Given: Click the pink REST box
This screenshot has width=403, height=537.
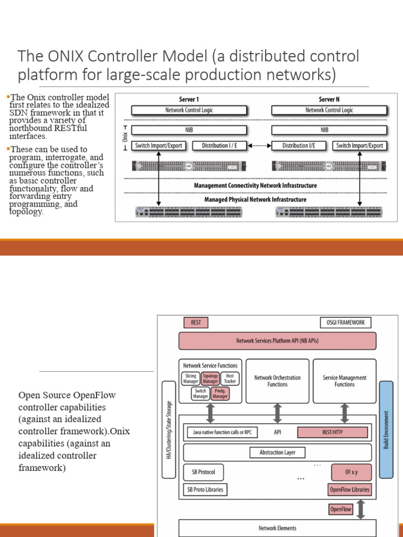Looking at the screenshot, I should click(196, 323).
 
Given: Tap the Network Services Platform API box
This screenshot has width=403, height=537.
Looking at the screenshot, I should click(277, 341).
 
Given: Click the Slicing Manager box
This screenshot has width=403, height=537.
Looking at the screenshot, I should click(190, 379).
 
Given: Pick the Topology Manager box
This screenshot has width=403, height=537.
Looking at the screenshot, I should click(210, 379).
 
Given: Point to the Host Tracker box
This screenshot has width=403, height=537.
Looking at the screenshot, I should click(230, 379).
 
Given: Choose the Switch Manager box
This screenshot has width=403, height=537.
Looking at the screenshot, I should click(200, 393).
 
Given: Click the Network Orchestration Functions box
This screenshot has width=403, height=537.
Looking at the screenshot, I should click(277, 381).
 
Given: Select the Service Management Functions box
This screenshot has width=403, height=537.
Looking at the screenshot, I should click(344, 381).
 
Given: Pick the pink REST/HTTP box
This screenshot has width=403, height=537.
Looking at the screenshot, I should click(332, 433).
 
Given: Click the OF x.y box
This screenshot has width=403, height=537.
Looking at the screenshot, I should click(351, 472).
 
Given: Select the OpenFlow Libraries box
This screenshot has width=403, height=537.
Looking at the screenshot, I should click(349, 490).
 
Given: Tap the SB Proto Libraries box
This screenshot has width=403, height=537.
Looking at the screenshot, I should click(205, 490).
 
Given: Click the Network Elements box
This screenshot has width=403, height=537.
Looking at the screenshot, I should click(277, 528).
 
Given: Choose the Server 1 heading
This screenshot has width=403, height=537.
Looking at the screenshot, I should click(189, 99).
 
